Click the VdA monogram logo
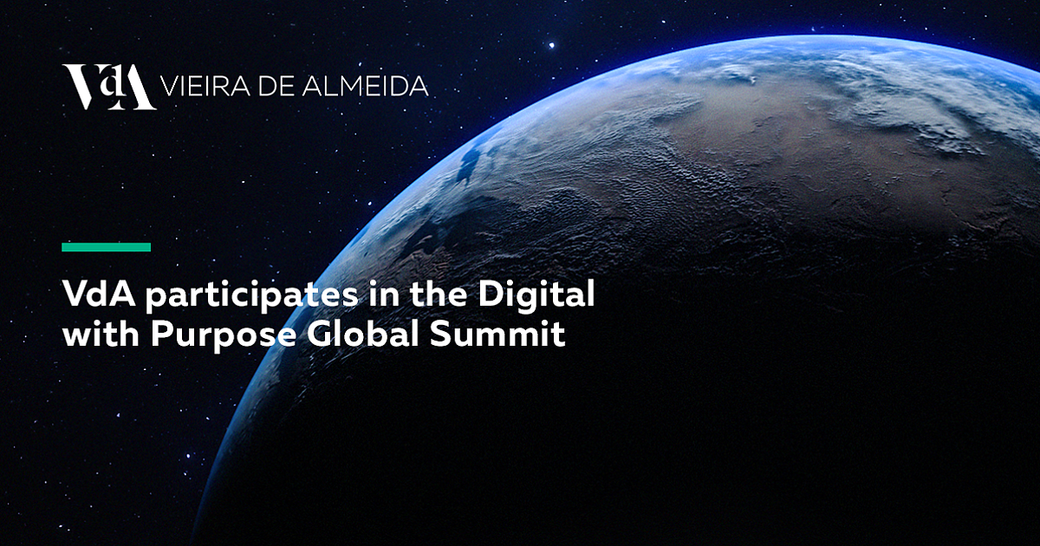pos(109,88)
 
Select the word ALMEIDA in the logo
pos(366,87)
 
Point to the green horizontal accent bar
pos(107,247)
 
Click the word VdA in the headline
pos(99,294)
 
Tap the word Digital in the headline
pos(536,294)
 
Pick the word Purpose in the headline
pos(224,336)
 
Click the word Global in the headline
pos(363,334)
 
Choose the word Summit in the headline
pos(497,334)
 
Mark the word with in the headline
pos(101,334)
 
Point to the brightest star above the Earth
pos(551,45)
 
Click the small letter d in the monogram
pos(109,83)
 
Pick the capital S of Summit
pos(440,334)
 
